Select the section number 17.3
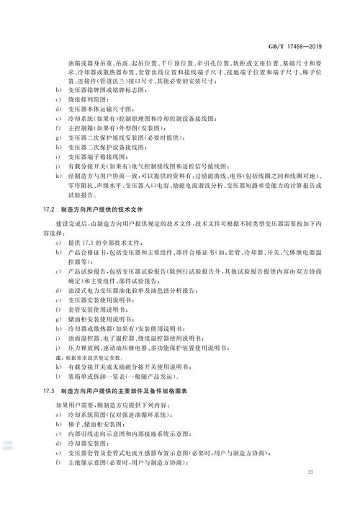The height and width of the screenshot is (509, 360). point(50,391)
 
